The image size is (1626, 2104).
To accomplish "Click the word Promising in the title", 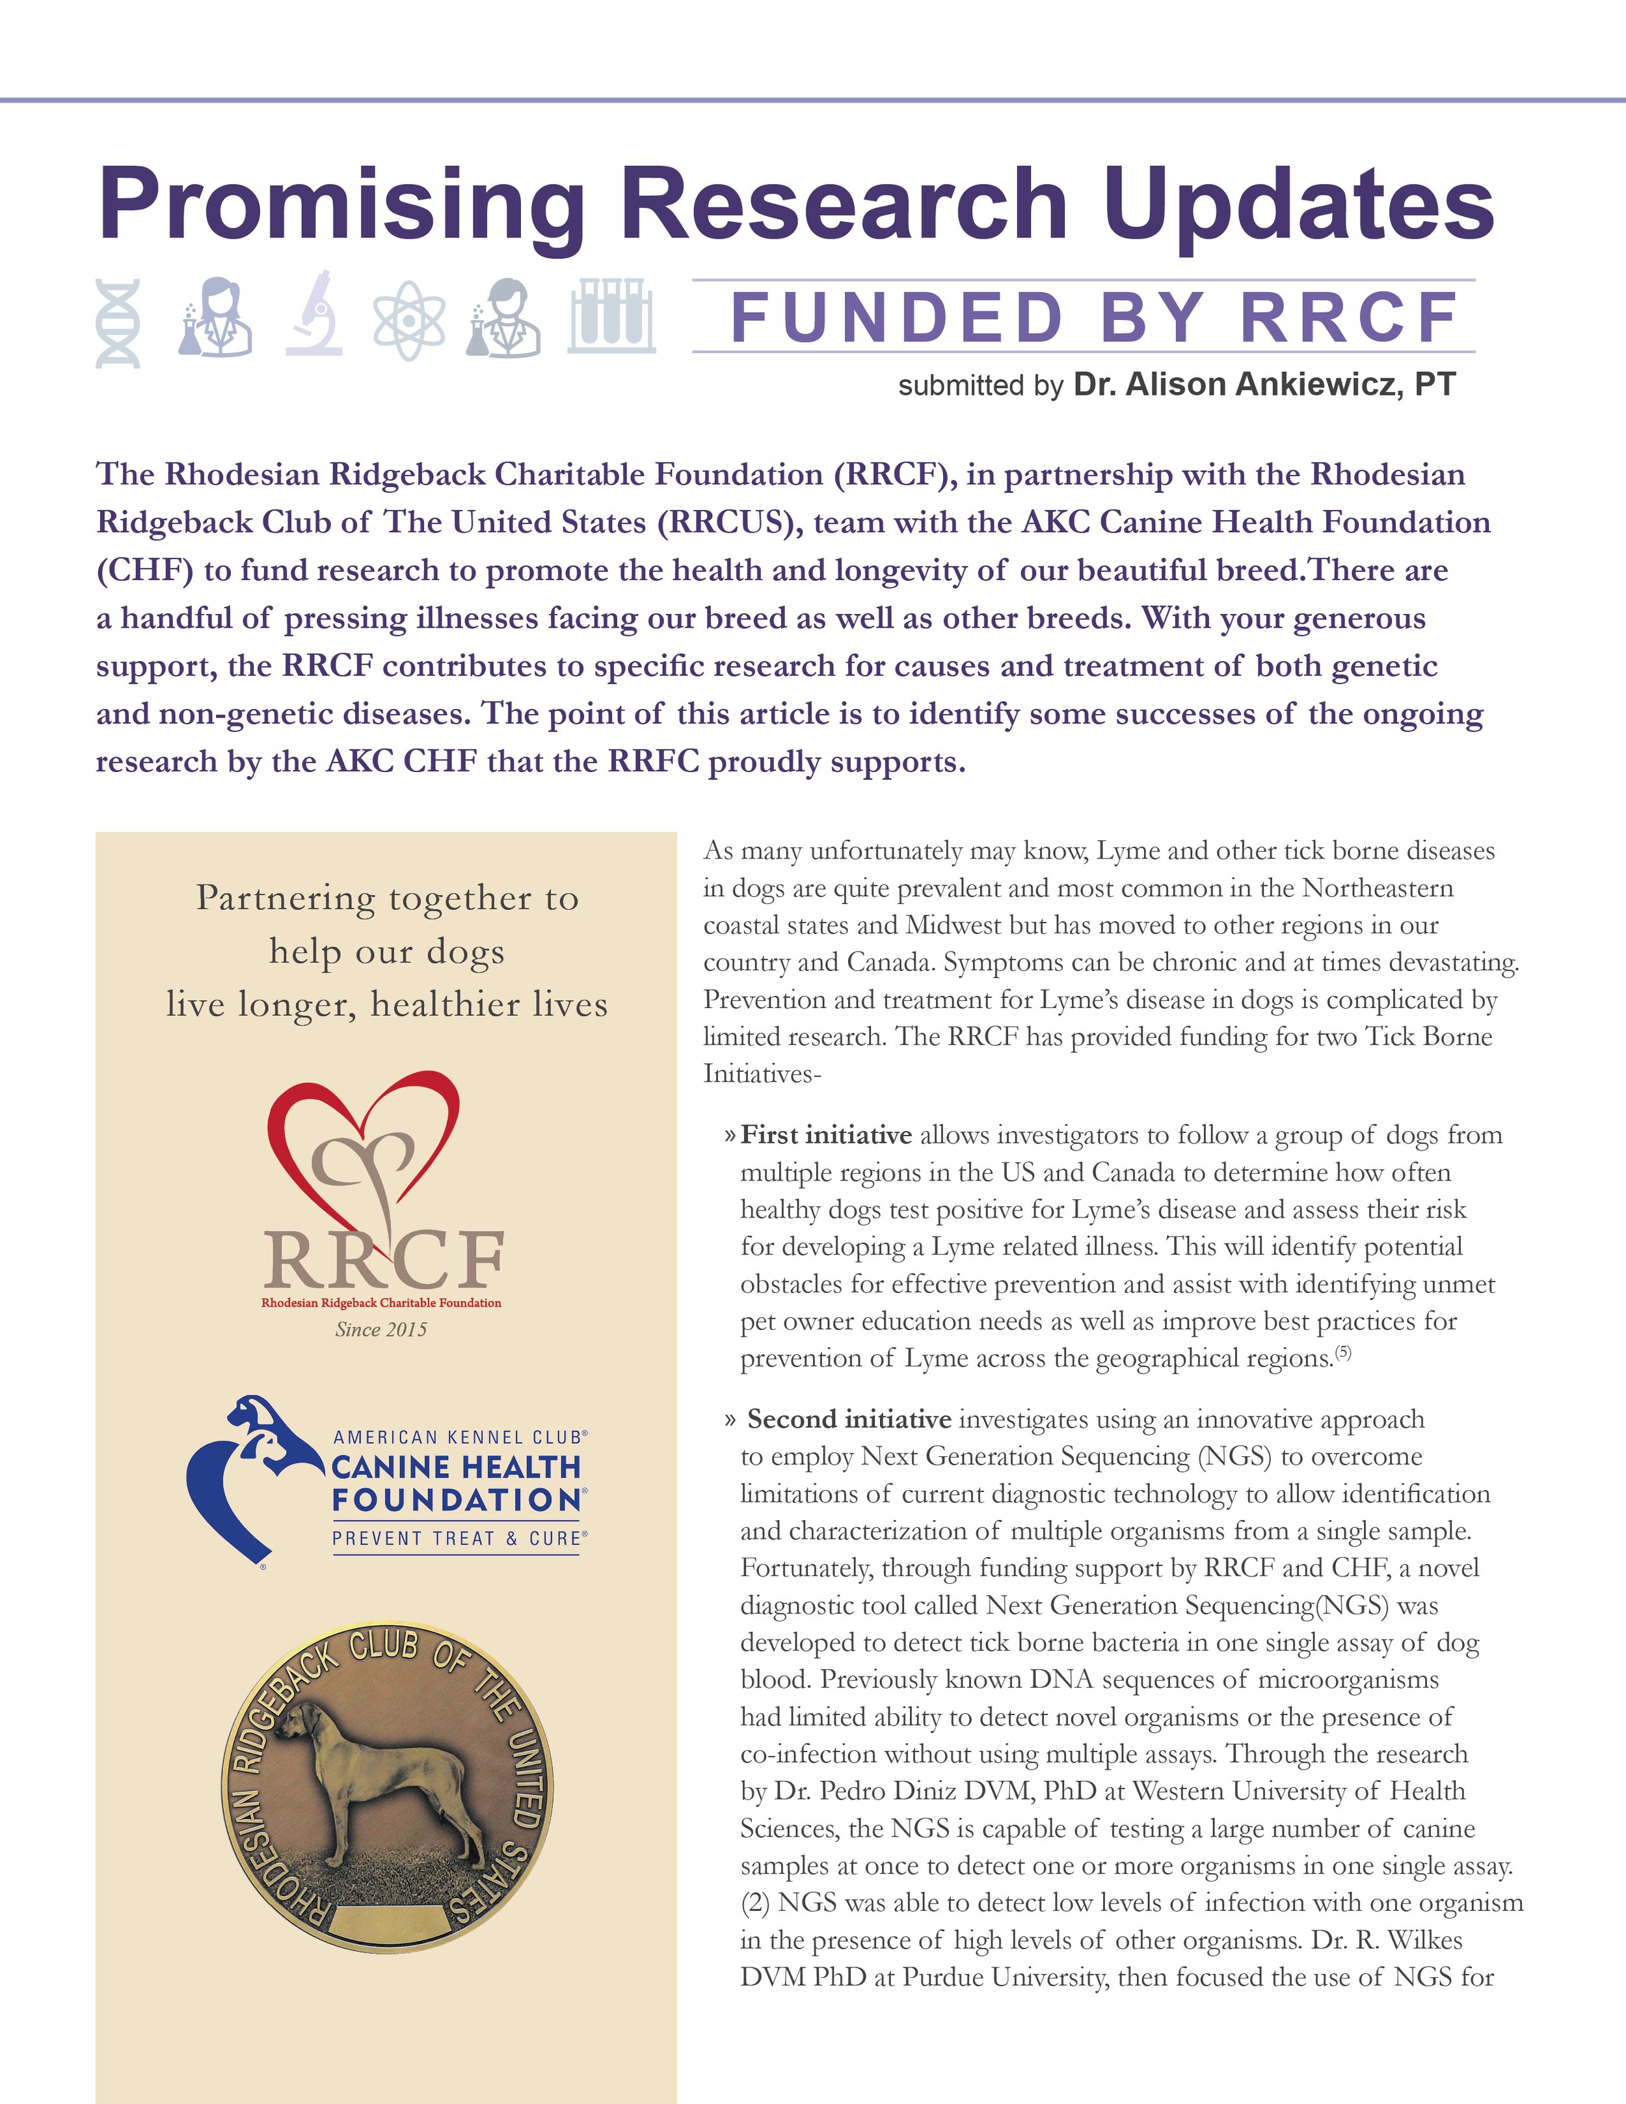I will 342,206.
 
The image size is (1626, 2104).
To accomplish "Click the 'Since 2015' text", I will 380,1329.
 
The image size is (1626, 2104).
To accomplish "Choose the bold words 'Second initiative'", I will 849,1419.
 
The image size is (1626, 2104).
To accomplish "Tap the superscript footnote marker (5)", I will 1344,1353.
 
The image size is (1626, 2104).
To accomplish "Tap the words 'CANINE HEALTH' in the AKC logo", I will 457,1467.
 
